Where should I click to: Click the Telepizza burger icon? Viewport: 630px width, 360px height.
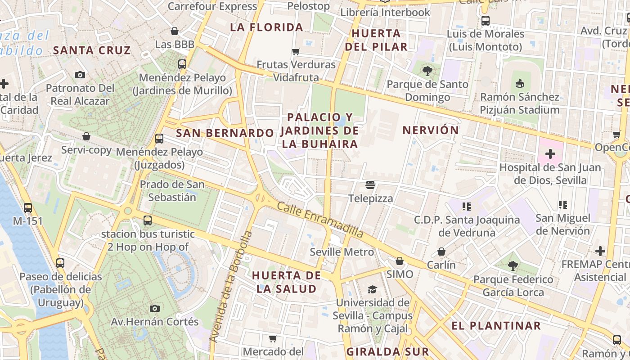(370, 185)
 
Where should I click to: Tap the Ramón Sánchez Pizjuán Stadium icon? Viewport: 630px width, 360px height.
(519, 83)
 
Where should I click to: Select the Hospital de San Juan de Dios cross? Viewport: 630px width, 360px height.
(550, 154)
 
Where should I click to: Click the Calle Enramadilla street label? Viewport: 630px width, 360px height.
(320, 220)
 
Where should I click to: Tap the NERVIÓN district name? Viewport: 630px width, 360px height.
(430, 130)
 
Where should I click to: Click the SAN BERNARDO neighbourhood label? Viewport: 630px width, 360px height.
(225, 133)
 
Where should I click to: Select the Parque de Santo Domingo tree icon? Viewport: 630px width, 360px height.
(427, 71)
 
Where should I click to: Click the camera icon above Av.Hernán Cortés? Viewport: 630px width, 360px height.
(155, 308)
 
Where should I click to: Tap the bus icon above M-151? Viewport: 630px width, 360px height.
(28, 207)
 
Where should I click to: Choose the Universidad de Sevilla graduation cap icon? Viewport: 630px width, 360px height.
(372, 289)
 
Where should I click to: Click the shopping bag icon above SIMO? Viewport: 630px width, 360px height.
(399, 261)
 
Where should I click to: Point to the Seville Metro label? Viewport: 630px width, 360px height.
(342, 252)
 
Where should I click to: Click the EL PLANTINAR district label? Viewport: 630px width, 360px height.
(496, 326)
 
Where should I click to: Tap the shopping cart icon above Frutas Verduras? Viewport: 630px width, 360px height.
(296, 51)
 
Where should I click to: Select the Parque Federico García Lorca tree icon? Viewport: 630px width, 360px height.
(513, 266)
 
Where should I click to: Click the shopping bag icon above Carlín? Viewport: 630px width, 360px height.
(441, 252)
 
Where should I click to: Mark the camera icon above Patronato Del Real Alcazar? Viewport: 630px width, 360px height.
(80, 75)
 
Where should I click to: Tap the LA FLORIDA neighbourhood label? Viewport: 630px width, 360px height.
(266, 27)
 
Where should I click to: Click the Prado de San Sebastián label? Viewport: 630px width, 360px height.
(172, 191)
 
